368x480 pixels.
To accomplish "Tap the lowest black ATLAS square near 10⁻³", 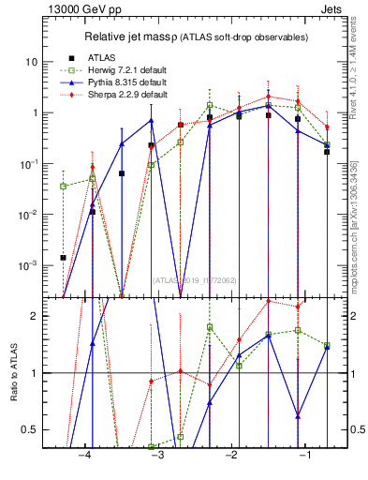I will [64, 257].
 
